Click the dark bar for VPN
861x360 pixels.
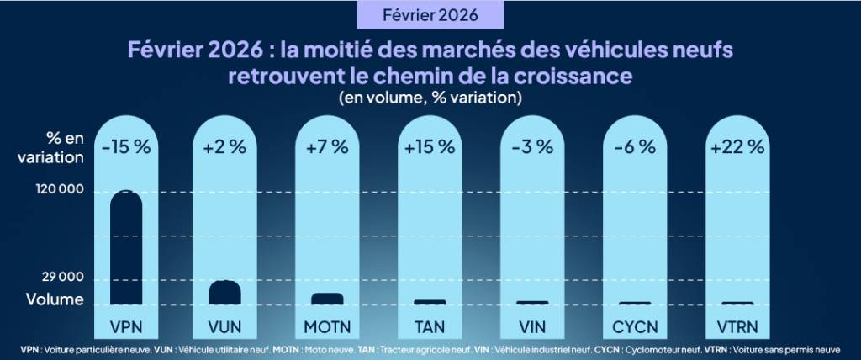point(125,247)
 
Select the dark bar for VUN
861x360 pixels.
point(225,292)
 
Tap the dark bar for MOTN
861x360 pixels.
point(327,299)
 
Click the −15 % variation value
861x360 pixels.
point(125,146)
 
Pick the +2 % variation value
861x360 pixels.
point(225,146)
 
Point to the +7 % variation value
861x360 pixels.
point(327,146)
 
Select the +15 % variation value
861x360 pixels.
point(429,146)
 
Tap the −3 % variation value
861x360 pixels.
point(532,146)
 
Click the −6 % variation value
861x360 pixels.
point(635,146)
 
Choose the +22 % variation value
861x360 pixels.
point(737,146)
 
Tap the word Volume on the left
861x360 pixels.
point(55,299)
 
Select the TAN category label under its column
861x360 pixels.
point(430,326)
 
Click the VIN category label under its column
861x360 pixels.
point(532,326)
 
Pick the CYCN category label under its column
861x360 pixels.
point(635,326)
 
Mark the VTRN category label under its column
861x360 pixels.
point(737,326)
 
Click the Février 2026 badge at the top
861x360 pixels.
point(430,15)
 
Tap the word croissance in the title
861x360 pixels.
point(573,76)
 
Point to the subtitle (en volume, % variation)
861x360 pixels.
point(430,98)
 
